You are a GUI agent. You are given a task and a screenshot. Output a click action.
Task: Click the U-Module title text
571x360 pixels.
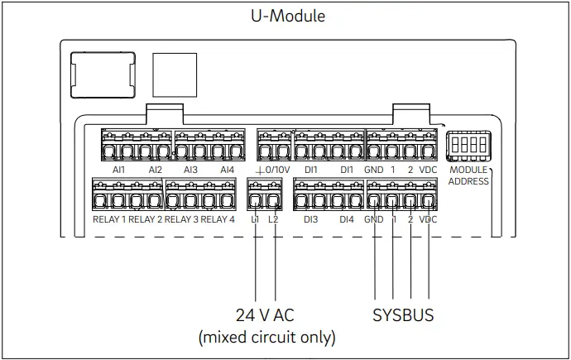point(288,15)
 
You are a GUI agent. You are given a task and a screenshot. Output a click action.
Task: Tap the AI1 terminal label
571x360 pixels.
point(118,170)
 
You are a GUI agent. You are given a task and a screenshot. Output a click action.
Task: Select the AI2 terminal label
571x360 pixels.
point(155,170)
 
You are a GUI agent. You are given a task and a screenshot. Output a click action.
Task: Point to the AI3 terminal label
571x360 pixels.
point(190,170)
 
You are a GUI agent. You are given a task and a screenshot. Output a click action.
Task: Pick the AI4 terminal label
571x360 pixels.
point(227,170)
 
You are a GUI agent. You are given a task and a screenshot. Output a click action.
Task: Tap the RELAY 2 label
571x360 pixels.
point(146,219)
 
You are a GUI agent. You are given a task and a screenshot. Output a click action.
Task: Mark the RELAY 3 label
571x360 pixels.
point(181,219)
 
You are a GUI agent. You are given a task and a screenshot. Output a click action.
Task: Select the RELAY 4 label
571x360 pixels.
point(218,219)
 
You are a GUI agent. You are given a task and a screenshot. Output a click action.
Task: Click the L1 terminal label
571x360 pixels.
point(256,219)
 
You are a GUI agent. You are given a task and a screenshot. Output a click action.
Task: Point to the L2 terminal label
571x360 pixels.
point(274,219)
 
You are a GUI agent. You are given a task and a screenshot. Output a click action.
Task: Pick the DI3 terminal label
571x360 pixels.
point(311,219)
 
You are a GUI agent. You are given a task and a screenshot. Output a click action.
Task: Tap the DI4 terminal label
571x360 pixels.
point(347,219)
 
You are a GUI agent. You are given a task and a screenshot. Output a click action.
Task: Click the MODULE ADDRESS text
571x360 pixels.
point(469,175)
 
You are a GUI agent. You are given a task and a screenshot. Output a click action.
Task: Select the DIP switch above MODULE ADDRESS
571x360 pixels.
point(468,147)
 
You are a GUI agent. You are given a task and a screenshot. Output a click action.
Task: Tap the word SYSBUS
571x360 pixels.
point(403,315)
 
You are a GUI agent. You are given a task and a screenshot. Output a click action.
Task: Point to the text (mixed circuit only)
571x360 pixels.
point(266,337)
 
